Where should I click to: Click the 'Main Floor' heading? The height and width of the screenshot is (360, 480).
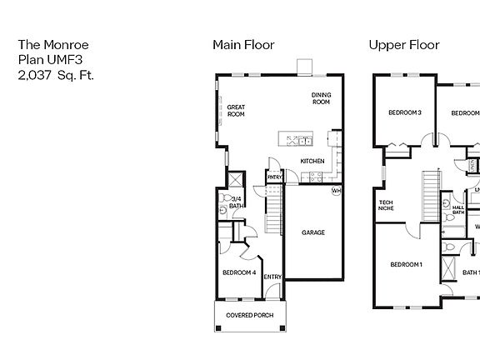click(x=243, y=45)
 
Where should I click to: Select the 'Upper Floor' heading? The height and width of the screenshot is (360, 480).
click(x=404, y=45)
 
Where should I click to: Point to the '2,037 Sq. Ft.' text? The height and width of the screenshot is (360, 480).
click(x=56, y=74)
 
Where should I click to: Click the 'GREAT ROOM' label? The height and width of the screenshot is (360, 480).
click(x=236, y=111)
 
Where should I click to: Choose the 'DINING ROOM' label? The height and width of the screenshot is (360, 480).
click(x=321, y=98)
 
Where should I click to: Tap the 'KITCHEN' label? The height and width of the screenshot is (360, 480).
click(x=312, y=161)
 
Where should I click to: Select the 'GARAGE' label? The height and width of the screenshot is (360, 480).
click(x=313, y=232)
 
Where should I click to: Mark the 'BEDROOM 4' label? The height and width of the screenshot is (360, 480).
click(x=239, y=272)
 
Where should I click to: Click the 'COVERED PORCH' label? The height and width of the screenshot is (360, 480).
click(x=250, y=315)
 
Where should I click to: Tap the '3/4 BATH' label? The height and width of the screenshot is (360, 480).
click(x=236, y=202)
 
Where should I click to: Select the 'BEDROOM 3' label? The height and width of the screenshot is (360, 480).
click(x=405, y=112)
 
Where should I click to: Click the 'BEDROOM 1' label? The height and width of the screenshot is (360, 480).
click(x=407, y=265)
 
